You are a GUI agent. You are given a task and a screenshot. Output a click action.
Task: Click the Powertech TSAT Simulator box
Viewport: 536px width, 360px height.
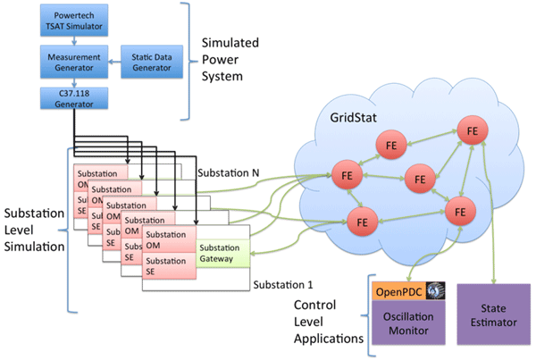point(68,21)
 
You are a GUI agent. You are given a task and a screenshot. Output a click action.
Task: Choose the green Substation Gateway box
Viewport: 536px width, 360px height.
point(221,254)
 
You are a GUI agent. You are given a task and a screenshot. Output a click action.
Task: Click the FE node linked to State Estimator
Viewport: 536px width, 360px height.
point(472,132)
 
